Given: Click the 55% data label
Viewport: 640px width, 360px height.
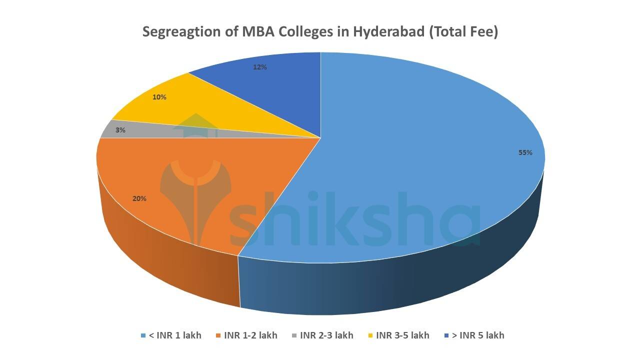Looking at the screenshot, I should pos(525,153).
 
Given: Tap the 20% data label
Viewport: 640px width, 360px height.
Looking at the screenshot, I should pos(139,199).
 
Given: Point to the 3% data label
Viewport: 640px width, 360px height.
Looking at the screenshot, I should pos(120,130).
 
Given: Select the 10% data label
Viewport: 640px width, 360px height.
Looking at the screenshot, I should pos(159,97).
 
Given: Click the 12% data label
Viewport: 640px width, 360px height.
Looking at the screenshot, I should pos(259,67).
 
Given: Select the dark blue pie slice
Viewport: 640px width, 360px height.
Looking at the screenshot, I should pos(280,90).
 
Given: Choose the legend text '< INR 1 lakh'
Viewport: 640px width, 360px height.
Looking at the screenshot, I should pos(175,335).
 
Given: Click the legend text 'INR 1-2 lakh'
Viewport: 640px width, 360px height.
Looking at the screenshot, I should pos(250,335).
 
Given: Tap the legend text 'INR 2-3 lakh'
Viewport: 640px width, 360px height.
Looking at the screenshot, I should pos(326,335).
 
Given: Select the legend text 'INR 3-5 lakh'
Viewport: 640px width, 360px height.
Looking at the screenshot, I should pos(402,335).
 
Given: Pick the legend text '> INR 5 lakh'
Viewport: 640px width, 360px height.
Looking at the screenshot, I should pos(478,335).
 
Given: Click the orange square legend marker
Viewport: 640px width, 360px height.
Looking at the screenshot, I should pos(219,335).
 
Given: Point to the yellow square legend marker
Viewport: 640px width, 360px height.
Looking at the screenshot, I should pos(371,335).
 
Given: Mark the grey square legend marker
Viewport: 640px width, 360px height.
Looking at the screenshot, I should pos(295,335).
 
